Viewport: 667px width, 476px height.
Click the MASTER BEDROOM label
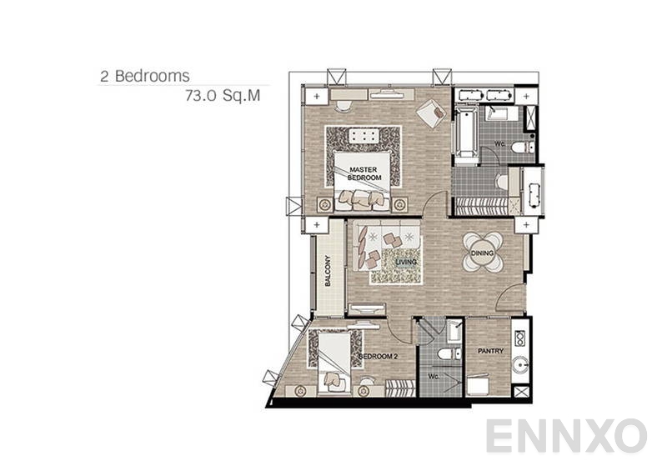[x=364, y=173]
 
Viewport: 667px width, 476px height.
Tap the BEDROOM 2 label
[x=377, y=356]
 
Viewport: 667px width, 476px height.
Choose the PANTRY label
[x=490, y=351]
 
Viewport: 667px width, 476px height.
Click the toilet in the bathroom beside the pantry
[x=447, y=355]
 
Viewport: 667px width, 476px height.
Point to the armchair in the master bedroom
[x=431, y=113]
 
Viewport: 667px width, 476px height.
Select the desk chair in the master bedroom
[x=343, y=106]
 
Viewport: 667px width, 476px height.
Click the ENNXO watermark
[x=566, y=436]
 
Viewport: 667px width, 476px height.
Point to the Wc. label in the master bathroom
[x=500, y=143]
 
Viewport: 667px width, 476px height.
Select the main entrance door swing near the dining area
[x=512, y=299]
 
